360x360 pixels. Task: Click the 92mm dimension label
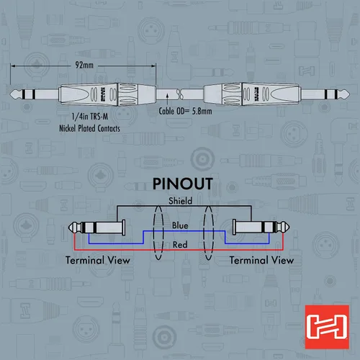pyautogui.click(x=84, y=65)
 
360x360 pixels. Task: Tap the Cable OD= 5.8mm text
pyautogui.click(x=185, y=111)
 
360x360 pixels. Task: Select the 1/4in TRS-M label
pyautogui.click(x=90, y=117)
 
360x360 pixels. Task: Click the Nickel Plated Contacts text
pyautogui.click(x=89, y=128)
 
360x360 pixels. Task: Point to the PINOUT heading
pyautogui.click(x=183, y=184)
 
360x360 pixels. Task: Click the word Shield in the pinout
pyautogui.click(x=180, y=201)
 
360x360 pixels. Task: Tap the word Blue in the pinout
pyautogui.click(x=180, y=225)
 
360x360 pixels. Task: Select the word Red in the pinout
pyautogui.click(x=180, y=245)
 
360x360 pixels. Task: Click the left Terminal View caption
pyautogui.click(x=98, y=260)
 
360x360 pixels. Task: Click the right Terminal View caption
pyautogui.click(x=261, y=260)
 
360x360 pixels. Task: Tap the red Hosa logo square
pyautogui.click(x=327, y=327)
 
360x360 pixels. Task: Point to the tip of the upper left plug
pyautogui.click(x=10, y=94)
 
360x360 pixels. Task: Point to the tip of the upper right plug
pyautogui.click(x=350, y=94)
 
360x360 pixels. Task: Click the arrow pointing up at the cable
pyautogui.click(x=167, y=99)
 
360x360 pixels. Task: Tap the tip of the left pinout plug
pyautogui.click(x=68, y=228)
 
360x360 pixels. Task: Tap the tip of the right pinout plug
pyautogui.click(x=289, y=228)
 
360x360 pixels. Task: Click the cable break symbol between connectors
pyautogui.click(x=180, y=94)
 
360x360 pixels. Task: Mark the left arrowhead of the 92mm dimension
pyautogui.click(x=11, y=66)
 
